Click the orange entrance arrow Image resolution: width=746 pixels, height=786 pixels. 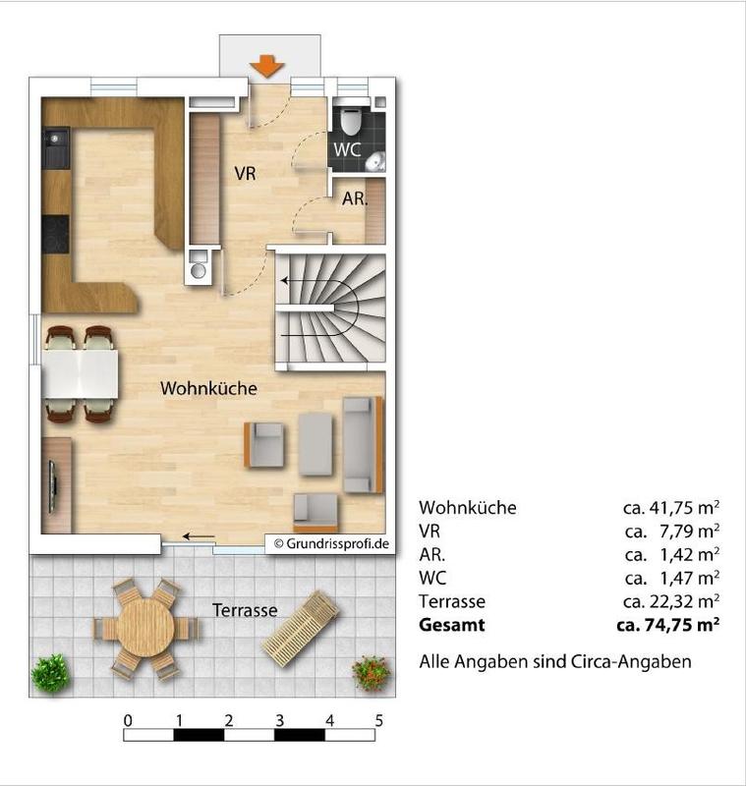[266, 66]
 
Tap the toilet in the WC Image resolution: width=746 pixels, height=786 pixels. [351, 118]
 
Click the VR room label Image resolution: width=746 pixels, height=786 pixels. [245, 174]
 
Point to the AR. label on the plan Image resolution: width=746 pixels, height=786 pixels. [355, 198]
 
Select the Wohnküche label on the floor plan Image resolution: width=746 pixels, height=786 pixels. [208, 388]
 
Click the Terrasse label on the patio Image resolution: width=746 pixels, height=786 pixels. [245, 610]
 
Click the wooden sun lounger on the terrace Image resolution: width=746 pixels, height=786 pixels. [300, 629]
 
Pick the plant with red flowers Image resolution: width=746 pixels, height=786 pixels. [371, 673]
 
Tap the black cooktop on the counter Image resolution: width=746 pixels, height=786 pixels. [55, 235]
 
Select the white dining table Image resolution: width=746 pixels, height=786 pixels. [81, 374]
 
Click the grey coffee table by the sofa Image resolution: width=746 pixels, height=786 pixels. [316, 444]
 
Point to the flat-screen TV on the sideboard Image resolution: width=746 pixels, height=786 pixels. [52, 486]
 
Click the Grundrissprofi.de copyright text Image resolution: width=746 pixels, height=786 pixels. [331, 544]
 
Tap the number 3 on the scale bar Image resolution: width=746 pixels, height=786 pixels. [279, 721]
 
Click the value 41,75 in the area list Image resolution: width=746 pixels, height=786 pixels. [670, 508]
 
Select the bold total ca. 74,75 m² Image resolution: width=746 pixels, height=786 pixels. [667, 625]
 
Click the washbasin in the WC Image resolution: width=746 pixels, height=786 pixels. [375, 161]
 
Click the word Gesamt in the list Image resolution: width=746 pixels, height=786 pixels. [452, 625]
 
